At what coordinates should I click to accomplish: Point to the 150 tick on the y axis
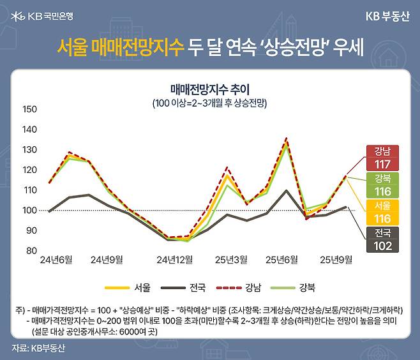[x=30, y=109]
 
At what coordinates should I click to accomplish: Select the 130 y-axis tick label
[x=30, y=149]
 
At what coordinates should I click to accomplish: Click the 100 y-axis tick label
[x=30, y=210]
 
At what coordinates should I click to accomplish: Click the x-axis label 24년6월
[x=56, y=260]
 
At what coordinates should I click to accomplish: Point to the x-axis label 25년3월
[x=232, y=260]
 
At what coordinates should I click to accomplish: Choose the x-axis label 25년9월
[x=336, y=260]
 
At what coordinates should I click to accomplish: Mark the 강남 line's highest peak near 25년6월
[x=286, y=139]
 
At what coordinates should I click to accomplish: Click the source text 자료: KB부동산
[x=38, y=349]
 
